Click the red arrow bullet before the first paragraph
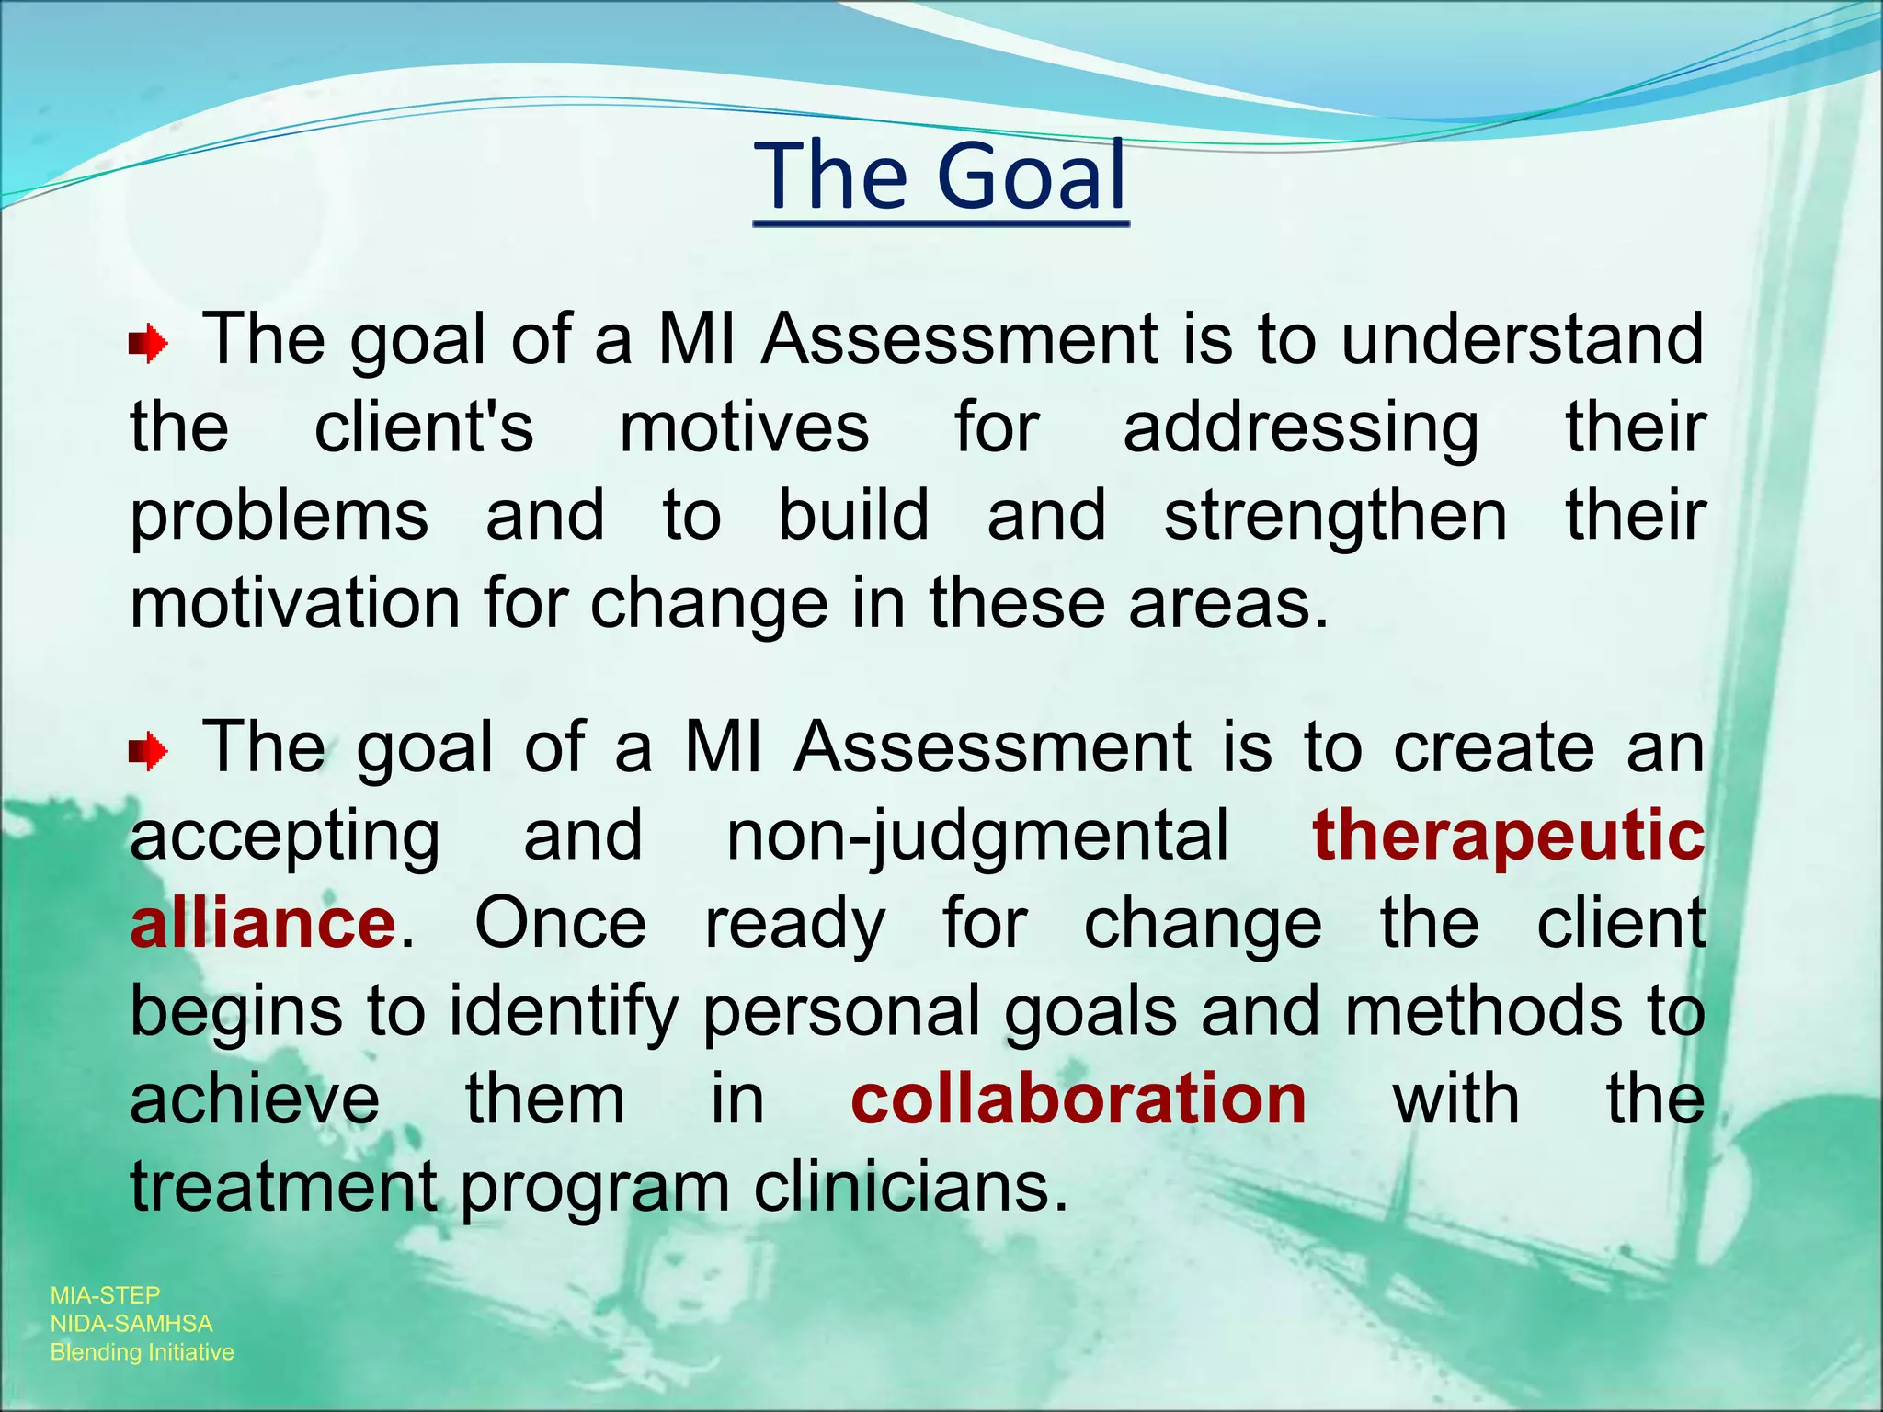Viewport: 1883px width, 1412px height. click(148, 346)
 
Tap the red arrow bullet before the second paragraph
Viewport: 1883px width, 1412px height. click(148, 753)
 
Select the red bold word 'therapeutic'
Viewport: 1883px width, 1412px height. click(1508, 837)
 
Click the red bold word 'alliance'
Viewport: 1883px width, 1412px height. click(263, 924)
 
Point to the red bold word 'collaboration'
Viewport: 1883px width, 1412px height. click(1078, 1099)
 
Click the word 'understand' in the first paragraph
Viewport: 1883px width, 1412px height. click(1522, 338)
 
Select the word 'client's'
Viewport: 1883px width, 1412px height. click(424, 427)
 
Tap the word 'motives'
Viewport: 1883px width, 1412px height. click(744, 427)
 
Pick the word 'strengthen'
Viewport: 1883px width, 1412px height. click(1335, 517)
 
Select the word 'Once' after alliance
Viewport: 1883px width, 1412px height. click(561, 924)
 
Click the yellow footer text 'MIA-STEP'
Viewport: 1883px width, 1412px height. click(106, 1295)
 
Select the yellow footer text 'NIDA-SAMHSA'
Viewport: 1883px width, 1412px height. click(131, 1324)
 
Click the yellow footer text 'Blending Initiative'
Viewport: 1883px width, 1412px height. click(143, 1352)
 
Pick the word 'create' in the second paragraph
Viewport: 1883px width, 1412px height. click(1494, 746)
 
